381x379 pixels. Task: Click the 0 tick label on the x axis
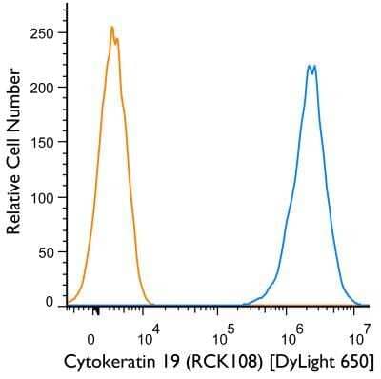[x=91, y=337]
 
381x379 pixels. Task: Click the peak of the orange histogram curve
[x=112, y=28]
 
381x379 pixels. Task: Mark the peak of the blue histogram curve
[x=311, y=65]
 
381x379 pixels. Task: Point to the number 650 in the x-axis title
[x=352, y=362]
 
